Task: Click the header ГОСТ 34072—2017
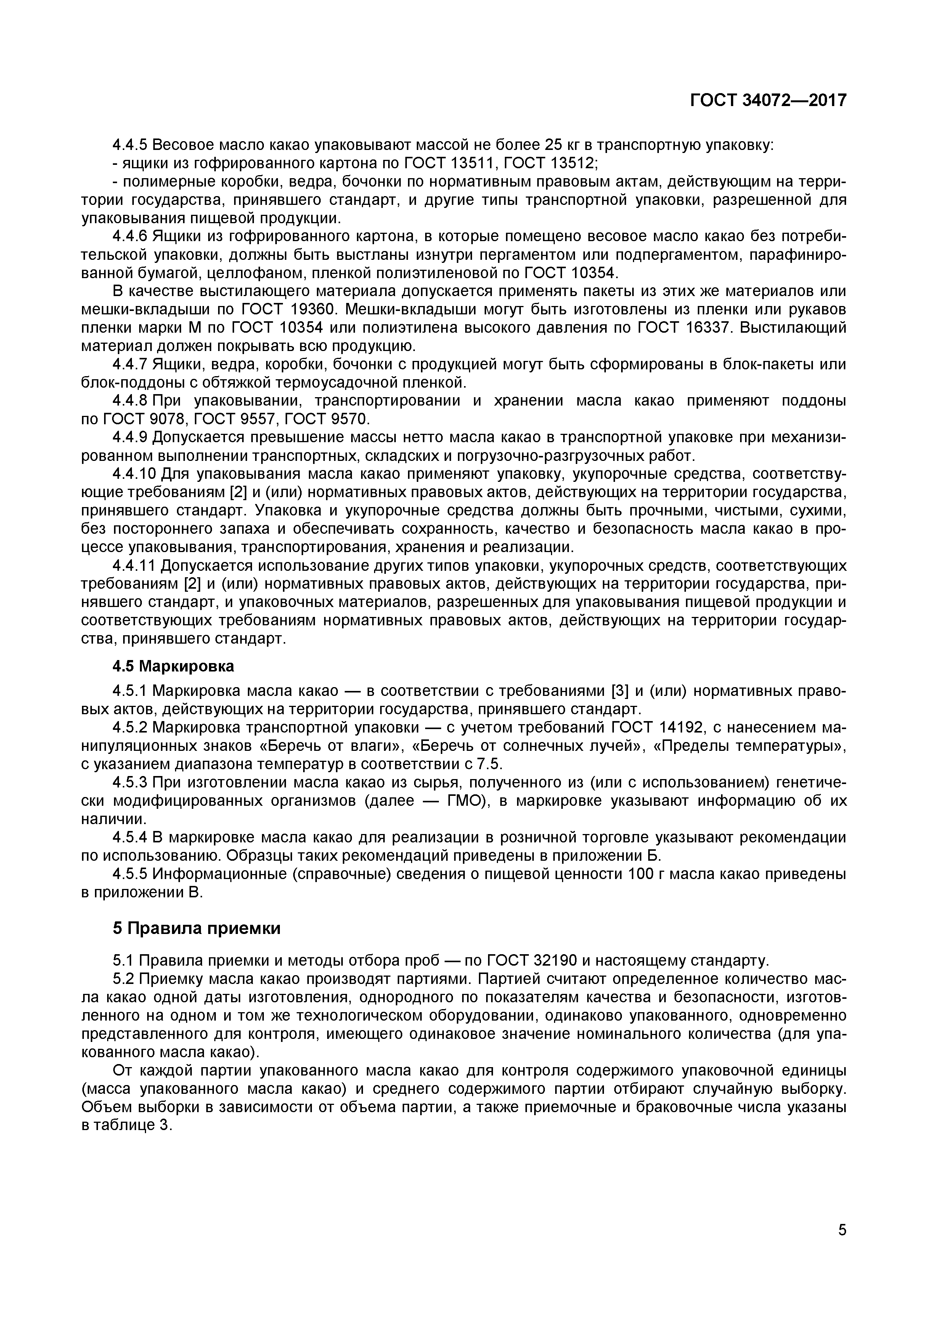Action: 768,101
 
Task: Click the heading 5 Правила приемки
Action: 196,928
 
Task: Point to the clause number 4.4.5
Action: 130,145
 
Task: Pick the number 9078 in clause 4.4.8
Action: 161,419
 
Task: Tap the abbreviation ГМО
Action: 466,801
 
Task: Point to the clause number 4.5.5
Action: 130,874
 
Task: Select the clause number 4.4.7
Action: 130,364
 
